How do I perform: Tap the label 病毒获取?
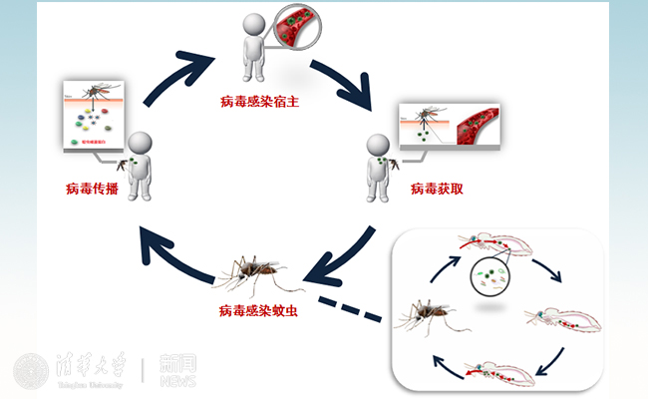(x=438, y=189)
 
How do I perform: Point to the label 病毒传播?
(x=93, y=189)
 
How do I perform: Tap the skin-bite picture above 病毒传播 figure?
(x=95, y=114)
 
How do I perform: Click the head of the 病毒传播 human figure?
(x=141, y=143)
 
